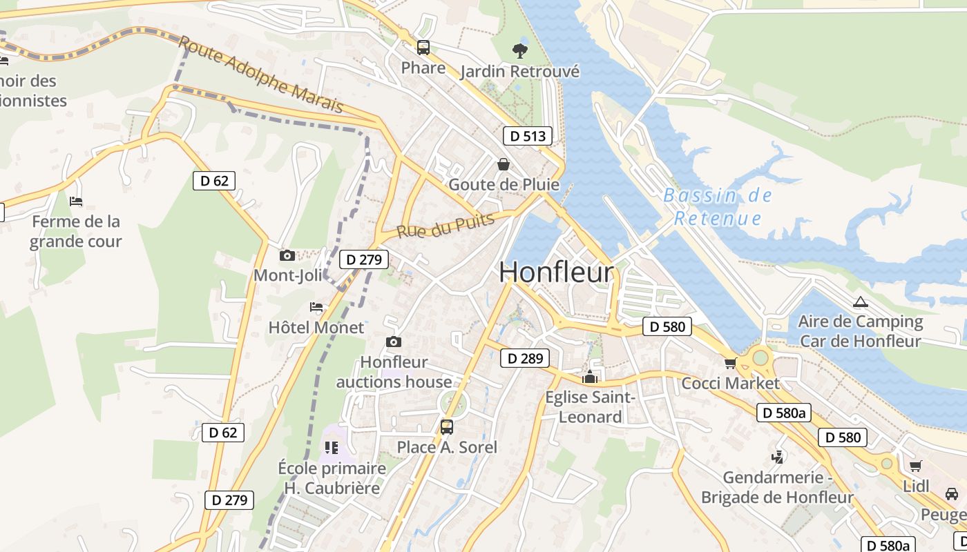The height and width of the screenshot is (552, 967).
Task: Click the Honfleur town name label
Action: pyautogui.click(x=556, y=273)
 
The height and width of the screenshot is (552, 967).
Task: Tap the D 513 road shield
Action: pyautogui.click(x=528, y=136)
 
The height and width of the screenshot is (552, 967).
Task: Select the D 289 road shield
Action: pyautogui.click(x=525, y=358)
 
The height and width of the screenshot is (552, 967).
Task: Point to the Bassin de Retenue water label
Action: pyautogui.click(x=718, y=207)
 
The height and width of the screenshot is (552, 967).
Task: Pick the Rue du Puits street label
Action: pyautogui.click(x=446, y=225)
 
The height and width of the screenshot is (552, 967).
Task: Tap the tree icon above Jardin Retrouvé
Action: pyautogui.click(x=519, y=50)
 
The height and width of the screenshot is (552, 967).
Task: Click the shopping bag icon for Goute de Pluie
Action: pyautogui.click(x=504, y=164)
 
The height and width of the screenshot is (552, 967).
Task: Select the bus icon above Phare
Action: pyautogui.click(x=423, y=48)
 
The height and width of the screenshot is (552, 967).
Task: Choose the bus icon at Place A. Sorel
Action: pyautogui.click(x=447, y=426)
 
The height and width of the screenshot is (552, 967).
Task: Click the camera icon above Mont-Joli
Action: pyautogui.click(x=287, y=256)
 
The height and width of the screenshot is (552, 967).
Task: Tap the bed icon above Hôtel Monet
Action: pyautogui.click(x=316, y=306)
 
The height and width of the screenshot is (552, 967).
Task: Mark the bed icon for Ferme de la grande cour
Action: pyautogui.click(x=76, y=201)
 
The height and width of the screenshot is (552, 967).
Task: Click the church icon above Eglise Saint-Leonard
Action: pyautogui.click(x=590, y=377)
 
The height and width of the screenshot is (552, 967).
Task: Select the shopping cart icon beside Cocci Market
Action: pyautogui.click(x=730, y=363)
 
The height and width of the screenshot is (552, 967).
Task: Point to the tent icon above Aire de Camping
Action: pyautogui.click(x=859, y=302)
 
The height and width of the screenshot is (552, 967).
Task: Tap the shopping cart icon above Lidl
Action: pyautogui.click(x=915, y=466)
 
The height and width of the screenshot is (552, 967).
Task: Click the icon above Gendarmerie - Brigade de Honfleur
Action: pyautogui.click(x=778, y=457)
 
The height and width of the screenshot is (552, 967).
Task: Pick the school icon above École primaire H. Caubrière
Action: pyautogui.click(x=332, y=448)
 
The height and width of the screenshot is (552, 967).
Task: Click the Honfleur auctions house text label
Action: pyautogui.click(x=394, y=372)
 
